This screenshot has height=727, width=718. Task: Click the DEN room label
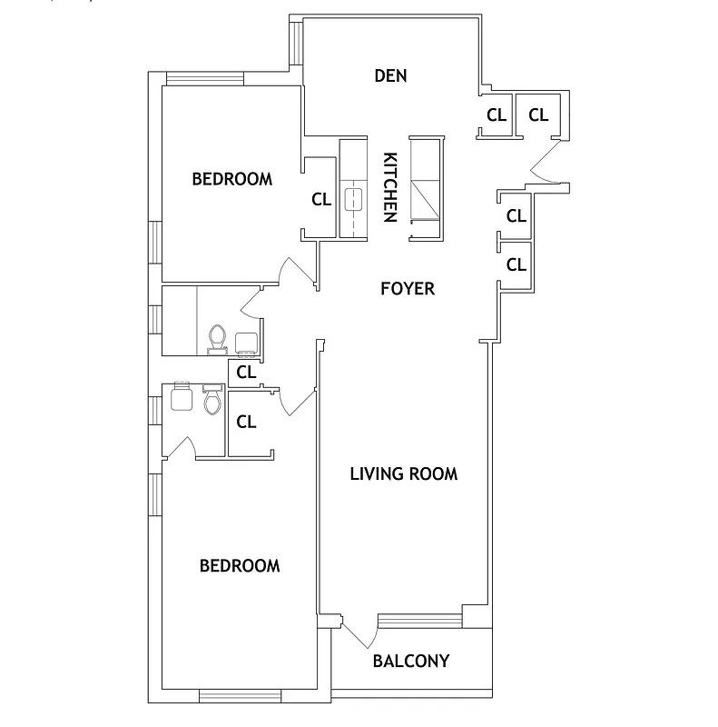(390, 75)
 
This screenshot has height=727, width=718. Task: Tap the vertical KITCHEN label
(390, 186)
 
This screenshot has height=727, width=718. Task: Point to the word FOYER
(407, 289)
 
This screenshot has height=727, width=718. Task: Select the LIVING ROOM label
(404, 473)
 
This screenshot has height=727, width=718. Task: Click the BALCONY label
(411, 661)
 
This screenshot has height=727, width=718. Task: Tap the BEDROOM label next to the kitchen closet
(231, 179)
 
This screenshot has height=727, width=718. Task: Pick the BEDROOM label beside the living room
(240, 565)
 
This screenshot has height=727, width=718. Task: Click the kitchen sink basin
(351, 199)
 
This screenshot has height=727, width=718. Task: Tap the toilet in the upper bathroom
(217, 338)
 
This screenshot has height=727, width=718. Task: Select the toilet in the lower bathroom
(213, 400)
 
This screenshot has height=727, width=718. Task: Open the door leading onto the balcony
(359, 632)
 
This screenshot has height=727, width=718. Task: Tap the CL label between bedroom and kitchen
(321, 200)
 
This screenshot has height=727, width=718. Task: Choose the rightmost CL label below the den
(538, 115)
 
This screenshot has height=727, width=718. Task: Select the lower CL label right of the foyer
(516, 265)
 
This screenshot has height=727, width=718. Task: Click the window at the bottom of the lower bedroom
(229, 697)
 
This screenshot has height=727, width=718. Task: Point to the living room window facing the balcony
(418, 621)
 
